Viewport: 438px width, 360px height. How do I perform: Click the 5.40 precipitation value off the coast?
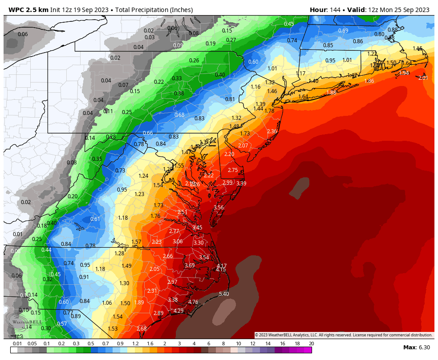click(x=224, y=294)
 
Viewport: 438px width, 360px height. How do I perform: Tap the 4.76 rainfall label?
click(x=193, y=302)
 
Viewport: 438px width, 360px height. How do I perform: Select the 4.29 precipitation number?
click(x=178, y=311)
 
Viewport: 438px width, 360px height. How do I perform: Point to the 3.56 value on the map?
click(x=219, y=208)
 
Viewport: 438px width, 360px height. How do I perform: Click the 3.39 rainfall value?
click(x=241, y=184)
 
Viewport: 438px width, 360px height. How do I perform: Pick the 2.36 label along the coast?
click(x=272, y=131)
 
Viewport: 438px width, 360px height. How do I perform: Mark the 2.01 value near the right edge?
click(x=423, y=78)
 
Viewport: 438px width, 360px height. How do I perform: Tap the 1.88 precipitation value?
click(x=331, y=93)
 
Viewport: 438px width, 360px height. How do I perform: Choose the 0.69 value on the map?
click(x=343, y=31)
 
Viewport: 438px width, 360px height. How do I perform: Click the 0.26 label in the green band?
click(x=194, y=61)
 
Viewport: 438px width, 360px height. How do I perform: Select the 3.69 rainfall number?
click(x=190, y=266)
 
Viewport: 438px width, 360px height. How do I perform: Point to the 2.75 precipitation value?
click(x=233, y=170)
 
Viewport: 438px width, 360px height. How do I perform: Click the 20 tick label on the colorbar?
click(x=311, y=344)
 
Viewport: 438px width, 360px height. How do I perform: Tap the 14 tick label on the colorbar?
click(x=268, y=344)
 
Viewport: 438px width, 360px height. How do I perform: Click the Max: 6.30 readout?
click(x=417, y=348)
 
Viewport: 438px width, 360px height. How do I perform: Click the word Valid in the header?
click(x=353, y=10)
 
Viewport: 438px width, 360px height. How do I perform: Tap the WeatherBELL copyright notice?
click(x=343, y=335)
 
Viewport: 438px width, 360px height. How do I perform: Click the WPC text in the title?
click(x=16, y=10)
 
